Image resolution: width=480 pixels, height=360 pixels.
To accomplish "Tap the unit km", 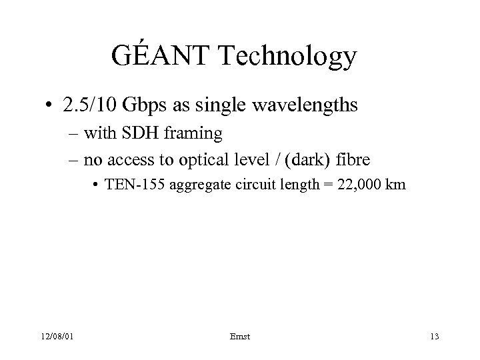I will pos(394,185).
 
